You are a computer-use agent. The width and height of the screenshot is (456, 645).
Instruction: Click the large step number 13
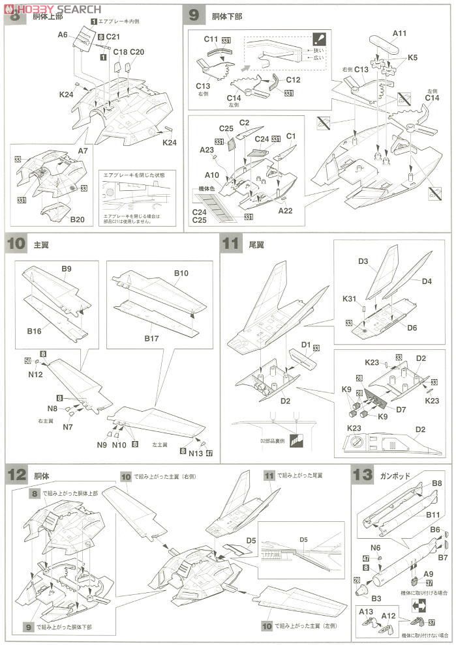click(362, 475)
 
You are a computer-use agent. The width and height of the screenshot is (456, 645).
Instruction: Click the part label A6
click(63, 35)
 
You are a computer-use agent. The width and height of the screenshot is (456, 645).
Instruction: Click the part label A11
click(399, 33)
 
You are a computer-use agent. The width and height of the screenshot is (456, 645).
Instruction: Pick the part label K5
click(412, 57)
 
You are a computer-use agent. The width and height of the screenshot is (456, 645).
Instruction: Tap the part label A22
click(285, 210)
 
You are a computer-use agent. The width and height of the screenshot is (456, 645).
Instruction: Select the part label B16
click(35, 332)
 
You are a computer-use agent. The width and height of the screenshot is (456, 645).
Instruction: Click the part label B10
click(181, 273)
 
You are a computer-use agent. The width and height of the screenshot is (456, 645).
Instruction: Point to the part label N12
click(36, 375)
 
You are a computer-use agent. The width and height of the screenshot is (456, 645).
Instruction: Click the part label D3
click(363, 261)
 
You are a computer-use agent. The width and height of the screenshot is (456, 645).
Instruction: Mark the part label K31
click(350, 299)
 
